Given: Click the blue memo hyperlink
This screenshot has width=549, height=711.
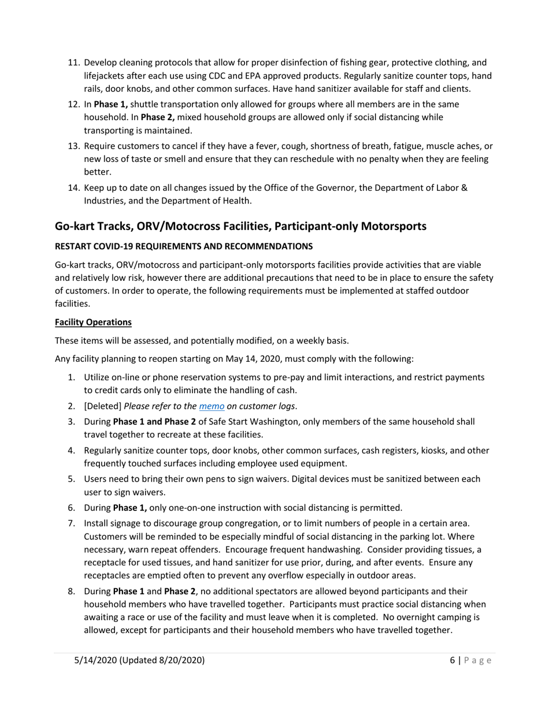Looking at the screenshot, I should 212,406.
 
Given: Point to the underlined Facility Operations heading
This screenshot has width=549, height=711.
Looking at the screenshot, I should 93,322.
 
